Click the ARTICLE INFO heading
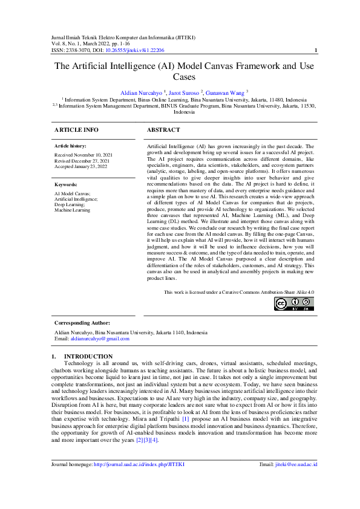coord(76,130)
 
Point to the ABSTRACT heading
coord(163,130)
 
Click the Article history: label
coord(70,146)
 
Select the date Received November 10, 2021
coord(83,155)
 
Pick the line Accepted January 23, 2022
coord(81,166)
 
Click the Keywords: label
coord(66,184)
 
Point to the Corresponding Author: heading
coord(82,323)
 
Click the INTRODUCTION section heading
coord(88,356)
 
